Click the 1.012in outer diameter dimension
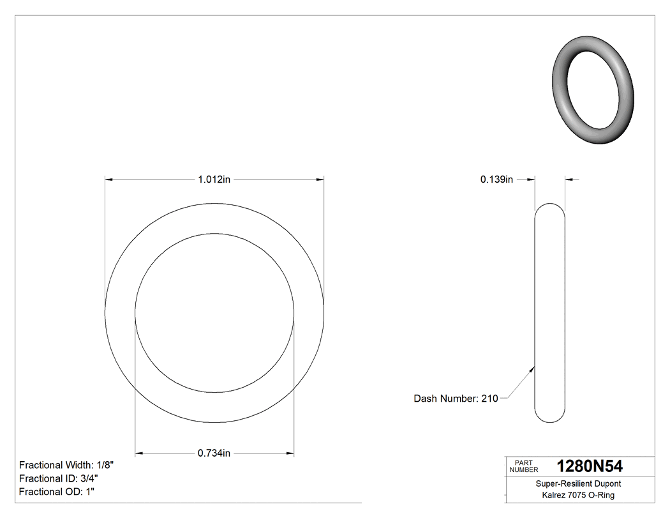point(214,180)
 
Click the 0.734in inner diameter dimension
point(214,453)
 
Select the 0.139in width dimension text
point(496,180)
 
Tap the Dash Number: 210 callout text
point(456,399)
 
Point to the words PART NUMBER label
point(524,466)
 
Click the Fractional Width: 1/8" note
point(66,465)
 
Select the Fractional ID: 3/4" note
point(59,478)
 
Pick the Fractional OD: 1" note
point(57,492)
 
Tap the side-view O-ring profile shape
point(549,313)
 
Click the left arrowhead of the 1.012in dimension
point(110,180)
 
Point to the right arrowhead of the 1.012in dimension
point(319,180)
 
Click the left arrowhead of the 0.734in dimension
point(140,453)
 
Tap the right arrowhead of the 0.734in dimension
point(290,453)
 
